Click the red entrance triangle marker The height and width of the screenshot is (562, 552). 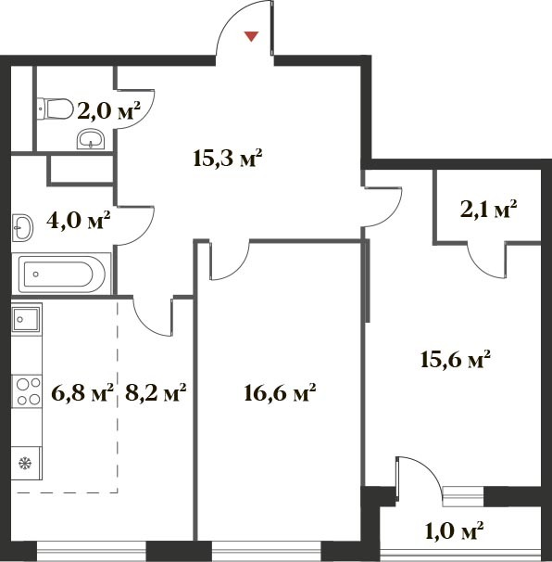pyautogui.click(x=251, y=36)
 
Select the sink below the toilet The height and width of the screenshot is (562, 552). pyautogui.click(x=91, y=139)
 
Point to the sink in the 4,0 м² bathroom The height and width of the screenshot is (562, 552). pyautogui.click(x=22, y=227)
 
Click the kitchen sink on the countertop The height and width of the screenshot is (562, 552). pyautogui.click(x=27, y=319)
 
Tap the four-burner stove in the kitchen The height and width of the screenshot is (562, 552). pyautogui.click(x=27, y=391)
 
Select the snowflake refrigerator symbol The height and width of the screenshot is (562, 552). pyautogui.click(x=25, y=464)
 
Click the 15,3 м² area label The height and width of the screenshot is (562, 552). pyautogui.click(x=228, y=159)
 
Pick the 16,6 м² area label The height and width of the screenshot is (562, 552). pyautogui.click(x=280, y=393)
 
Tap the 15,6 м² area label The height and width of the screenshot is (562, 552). pyautogui.click(x=455, y=360)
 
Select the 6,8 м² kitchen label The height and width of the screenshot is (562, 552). pyautogui.click(x=82, y=393)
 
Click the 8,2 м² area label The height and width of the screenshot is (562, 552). pyautogui.click(x=156, y=393)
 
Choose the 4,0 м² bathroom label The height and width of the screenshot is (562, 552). pyautogui.click(x=78, y=221)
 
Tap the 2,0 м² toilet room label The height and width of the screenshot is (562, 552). pyautogui.click(x=108, y=112)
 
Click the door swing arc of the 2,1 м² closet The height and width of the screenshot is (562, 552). pyautogui.click(x=481, y=269)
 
